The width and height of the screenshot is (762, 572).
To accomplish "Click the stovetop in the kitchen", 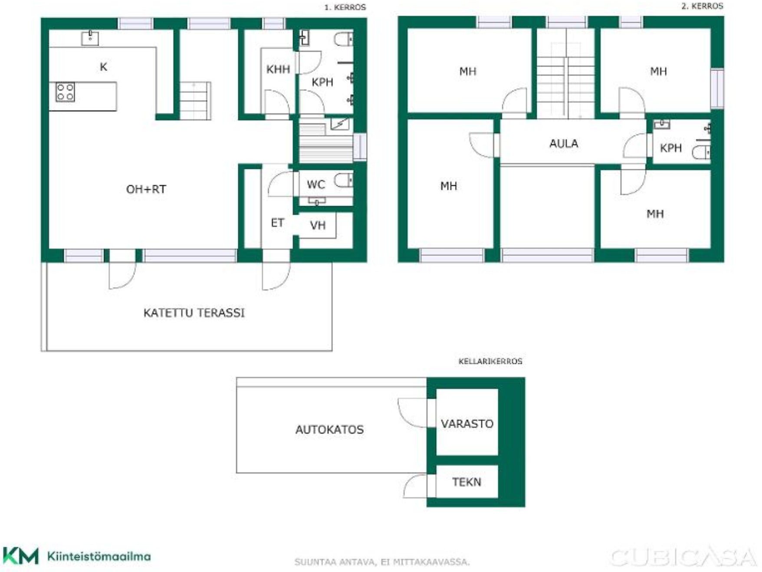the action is point(65,92).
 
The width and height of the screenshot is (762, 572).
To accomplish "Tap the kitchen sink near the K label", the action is point(90,38).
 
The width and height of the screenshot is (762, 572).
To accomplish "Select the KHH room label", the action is point(278,69).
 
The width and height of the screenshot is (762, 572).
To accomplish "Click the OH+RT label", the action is point(146,189).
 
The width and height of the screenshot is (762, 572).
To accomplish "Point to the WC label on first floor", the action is point(315,185).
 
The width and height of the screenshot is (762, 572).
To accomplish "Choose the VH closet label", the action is point(318,226).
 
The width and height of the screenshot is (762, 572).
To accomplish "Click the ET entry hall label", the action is point(277,223).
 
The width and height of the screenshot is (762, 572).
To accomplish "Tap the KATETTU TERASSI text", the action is point(194,313).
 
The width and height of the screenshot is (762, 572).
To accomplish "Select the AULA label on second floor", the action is point(564,144).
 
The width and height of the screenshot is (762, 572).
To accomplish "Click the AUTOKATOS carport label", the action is point(329,430).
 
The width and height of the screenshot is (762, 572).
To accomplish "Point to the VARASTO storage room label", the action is point(467,424).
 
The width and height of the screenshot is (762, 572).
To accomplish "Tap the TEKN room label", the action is point(466,482).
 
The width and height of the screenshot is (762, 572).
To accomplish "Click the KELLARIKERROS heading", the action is point(490,361).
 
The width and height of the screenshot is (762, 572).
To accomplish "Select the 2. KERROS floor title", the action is point(702,6).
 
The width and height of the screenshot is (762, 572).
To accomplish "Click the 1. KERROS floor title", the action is point(345,7).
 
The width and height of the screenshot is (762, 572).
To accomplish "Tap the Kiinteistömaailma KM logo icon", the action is point(20,556).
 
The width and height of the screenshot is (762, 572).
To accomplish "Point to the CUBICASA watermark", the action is point(683,557).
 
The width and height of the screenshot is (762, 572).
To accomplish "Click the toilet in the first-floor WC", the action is point(344,180).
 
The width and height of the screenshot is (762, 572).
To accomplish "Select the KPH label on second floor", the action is point(670,148).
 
